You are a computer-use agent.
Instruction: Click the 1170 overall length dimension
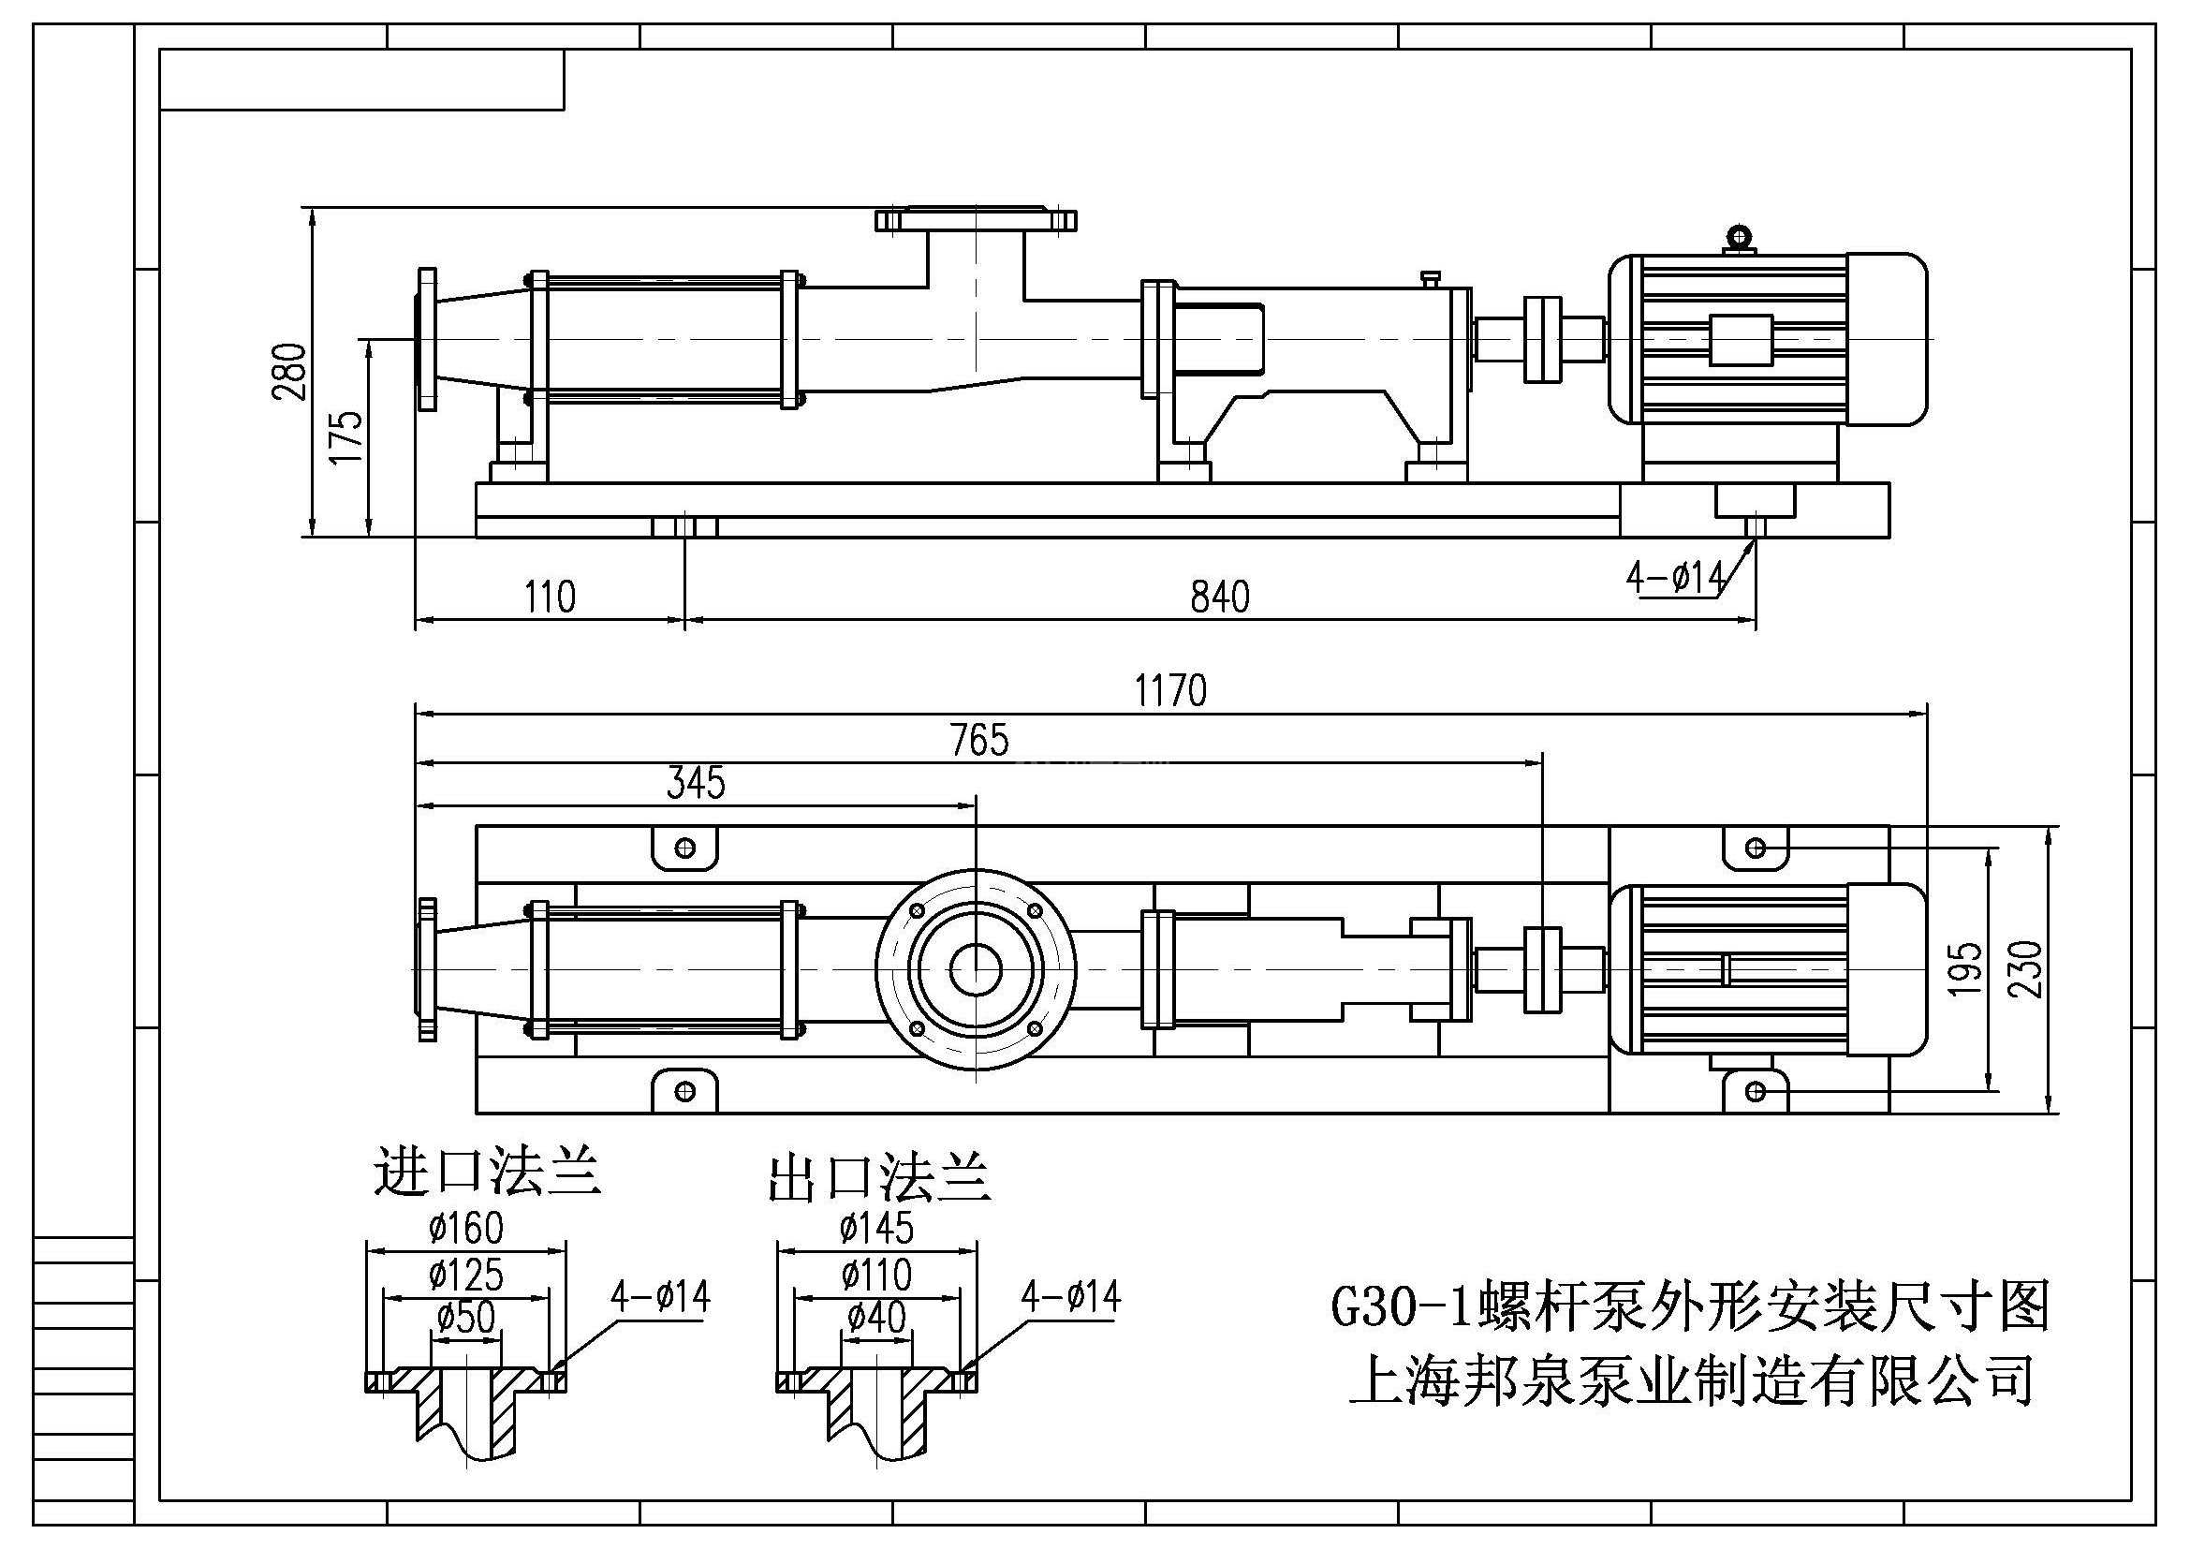click(1169, 690)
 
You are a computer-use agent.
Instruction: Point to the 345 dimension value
click(696, 783)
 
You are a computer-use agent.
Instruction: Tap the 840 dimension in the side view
click(1219, 597)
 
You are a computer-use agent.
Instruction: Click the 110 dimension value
click(550, 597)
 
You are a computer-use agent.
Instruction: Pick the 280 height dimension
click(290, 371)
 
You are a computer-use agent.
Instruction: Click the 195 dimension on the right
click(1965, 969)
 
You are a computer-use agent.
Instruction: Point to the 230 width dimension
click(2026, 969)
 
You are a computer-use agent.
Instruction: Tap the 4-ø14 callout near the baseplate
click(1675, 577)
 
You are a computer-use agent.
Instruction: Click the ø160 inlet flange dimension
click(465, 1228)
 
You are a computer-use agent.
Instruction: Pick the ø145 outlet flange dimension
click(875, 1228)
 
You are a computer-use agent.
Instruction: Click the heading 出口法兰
click(879, 1178)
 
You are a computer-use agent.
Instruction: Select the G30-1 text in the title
click(1400, 1307)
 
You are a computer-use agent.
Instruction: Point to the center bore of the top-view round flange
click(976, 970)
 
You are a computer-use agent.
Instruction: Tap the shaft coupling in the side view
click(1541, 340)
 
